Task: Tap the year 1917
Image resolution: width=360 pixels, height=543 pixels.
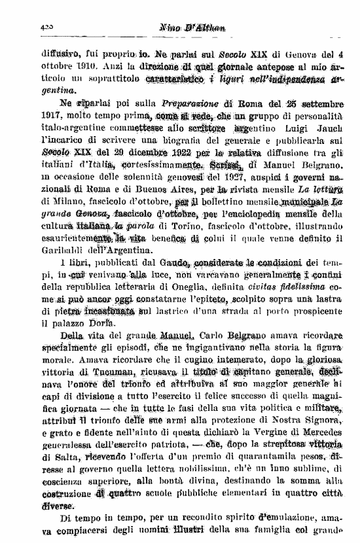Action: [x=71, y=116]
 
